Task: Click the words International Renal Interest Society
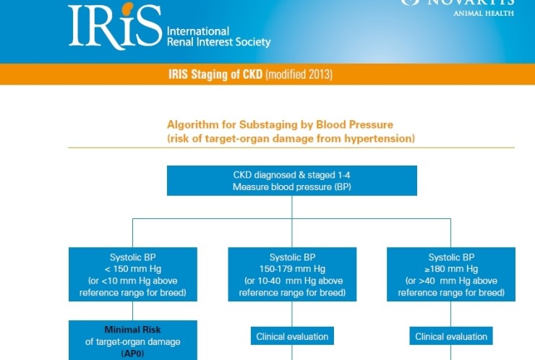(218, 37)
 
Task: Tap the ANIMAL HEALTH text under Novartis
(483, 12)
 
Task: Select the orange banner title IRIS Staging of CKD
(216, 74)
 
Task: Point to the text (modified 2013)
(299, 74)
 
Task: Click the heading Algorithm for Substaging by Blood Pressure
(280, 124)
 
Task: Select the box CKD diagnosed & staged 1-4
(291, 181)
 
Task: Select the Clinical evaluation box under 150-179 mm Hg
(291, 336)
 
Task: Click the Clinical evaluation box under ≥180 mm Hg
(451, 336)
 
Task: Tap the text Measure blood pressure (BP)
(291, 187)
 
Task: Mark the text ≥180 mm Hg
(451, 269)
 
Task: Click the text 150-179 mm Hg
(291, 269)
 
